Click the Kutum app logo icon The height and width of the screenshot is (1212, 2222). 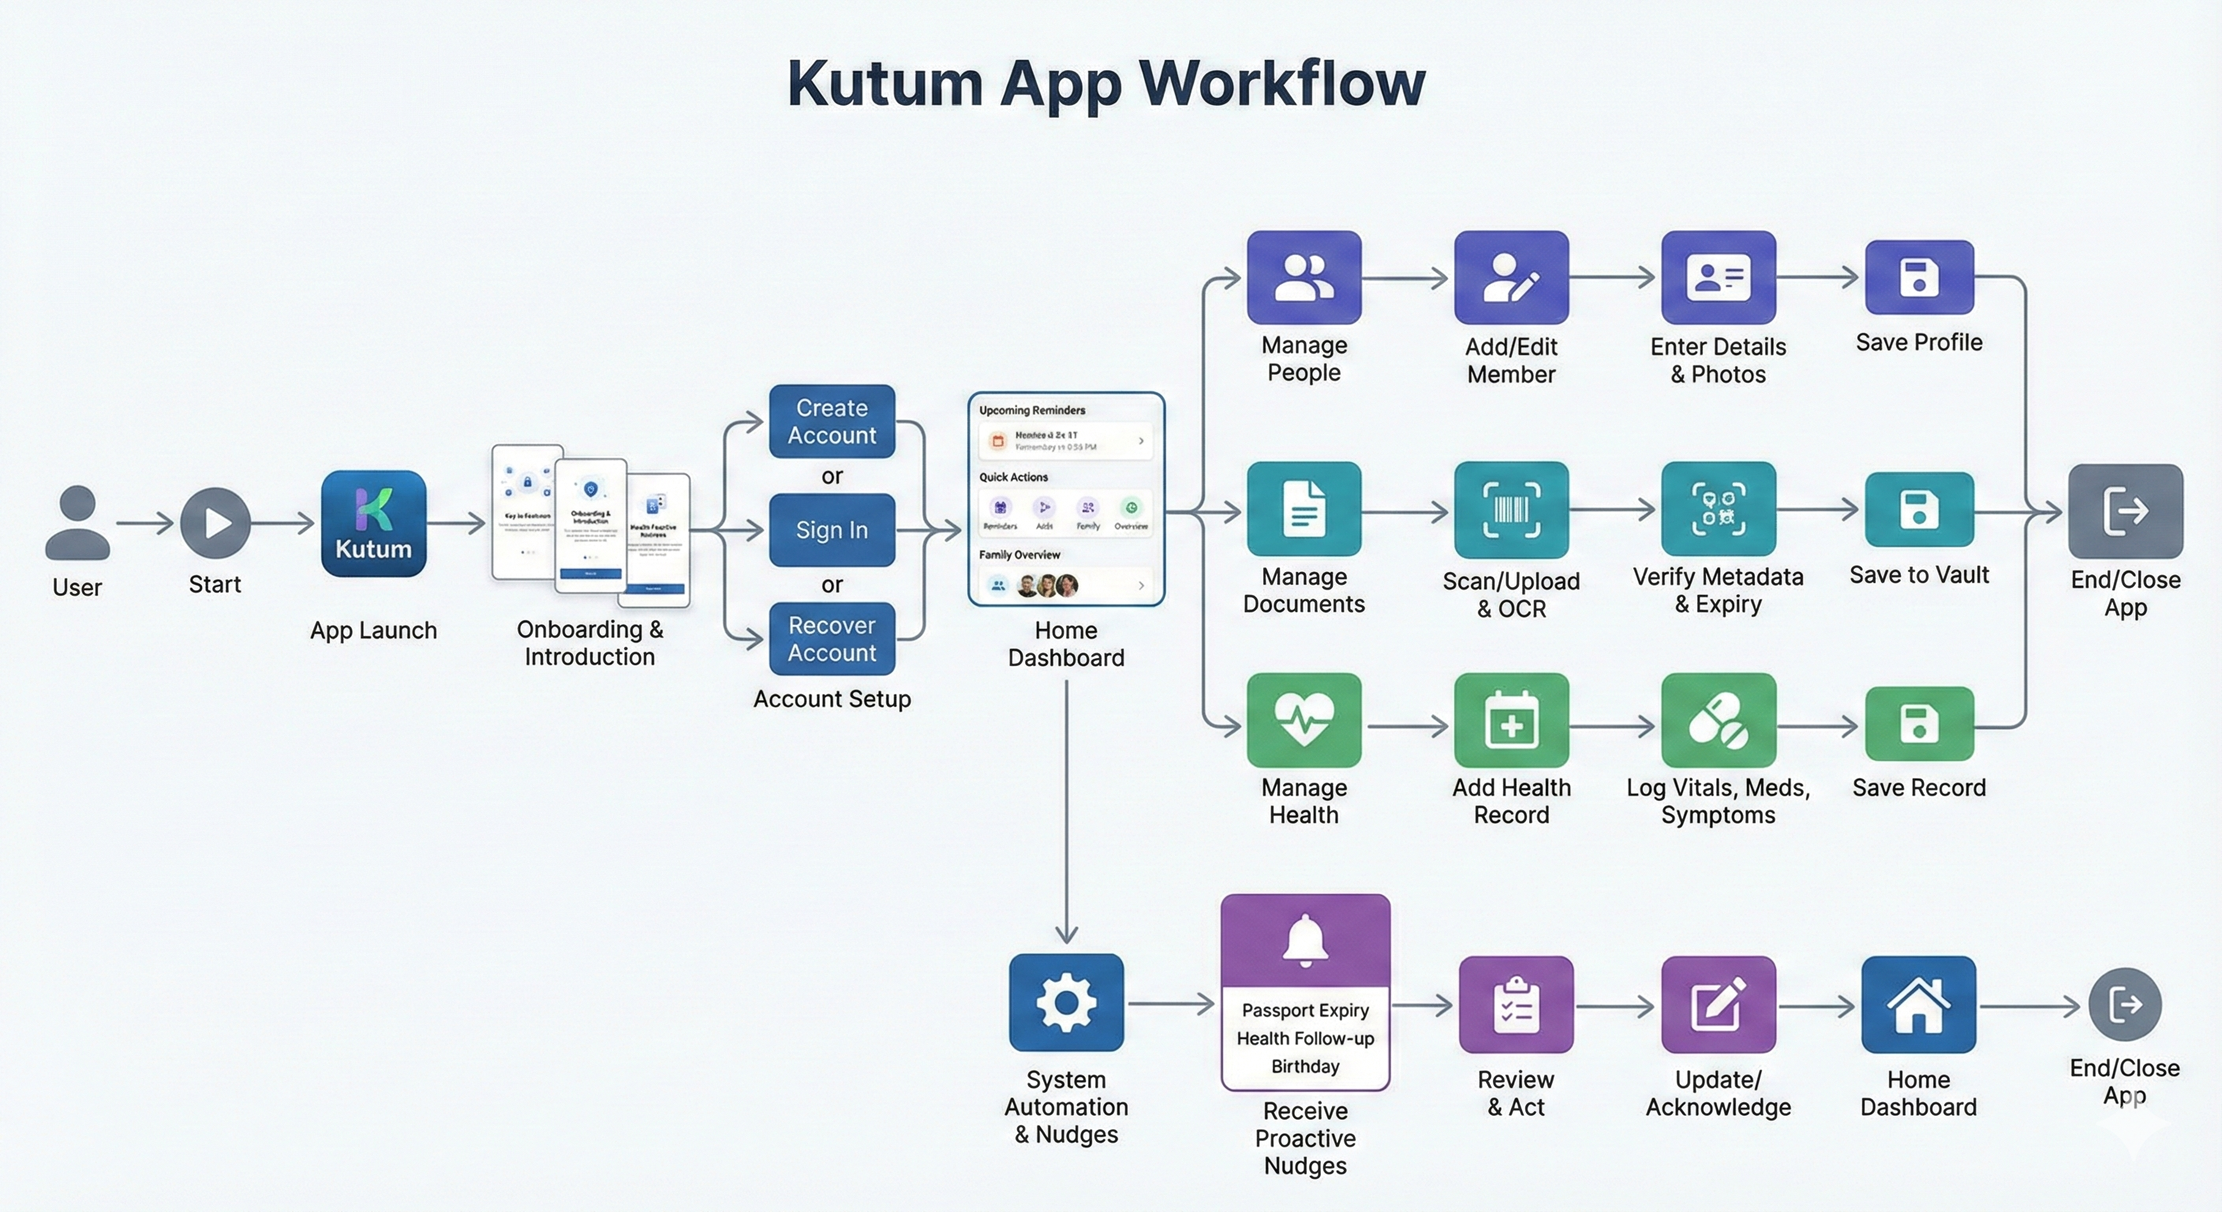click(x=373, y=523)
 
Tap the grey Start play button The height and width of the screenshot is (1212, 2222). click(x=215, y=523)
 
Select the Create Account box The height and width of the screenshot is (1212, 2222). click(x=832, y=421)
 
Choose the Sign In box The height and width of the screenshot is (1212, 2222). click(x=832, y=529)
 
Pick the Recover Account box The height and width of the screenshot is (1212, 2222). click(x=832, y=638)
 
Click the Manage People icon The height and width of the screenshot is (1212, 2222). click(x=1304, y=277)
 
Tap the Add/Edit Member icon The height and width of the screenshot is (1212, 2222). click(x=1510, y=277)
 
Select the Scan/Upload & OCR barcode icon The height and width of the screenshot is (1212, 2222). click(x=1510, y=509)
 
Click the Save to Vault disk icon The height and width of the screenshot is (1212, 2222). click(x=1918, y=509)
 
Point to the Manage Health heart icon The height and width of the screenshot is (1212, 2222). click(x=1304, y=720)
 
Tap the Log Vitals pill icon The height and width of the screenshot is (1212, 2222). click(x=1717, y=720)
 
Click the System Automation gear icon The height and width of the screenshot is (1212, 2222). click(x=1066, y=1001)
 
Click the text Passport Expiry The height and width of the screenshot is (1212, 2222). click(x=1305, y=1010)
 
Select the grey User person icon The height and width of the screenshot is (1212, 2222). click(x=77, y=523)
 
